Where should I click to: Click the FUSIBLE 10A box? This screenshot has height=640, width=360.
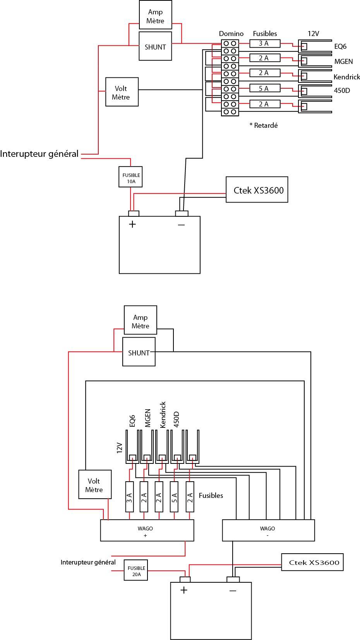click(131, 177)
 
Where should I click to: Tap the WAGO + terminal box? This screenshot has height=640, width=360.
click(147, 530)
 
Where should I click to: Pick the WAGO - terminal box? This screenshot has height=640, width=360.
click(268, 530)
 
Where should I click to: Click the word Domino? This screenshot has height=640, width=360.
click(231, 34)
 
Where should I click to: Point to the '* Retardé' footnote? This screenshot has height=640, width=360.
click(264, 125)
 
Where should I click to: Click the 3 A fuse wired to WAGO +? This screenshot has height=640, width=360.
click(130, 497)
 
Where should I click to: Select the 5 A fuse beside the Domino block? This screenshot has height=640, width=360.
click(264, 89)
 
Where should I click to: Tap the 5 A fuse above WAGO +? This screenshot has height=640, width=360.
click(174, 497)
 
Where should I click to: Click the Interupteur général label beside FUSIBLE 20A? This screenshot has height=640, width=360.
click(88, 562)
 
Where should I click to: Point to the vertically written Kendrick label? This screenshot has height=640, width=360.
click(163, 415)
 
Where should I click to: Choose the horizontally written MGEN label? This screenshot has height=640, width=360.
click(343, 62)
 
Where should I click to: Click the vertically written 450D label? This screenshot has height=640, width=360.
click(177, 419)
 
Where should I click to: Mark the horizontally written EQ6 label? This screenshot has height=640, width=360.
click(340, 46)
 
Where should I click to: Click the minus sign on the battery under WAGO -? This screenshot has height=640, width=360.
click(233, 590)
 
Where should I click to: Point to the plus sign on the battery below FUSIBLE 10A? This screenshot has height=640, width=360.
click(132, 224)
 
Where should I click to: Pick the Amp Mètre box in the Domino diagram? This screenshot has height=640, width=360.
click(155, 17)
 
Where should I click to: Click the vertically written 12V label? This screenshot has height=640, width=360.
click(120, 448)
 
